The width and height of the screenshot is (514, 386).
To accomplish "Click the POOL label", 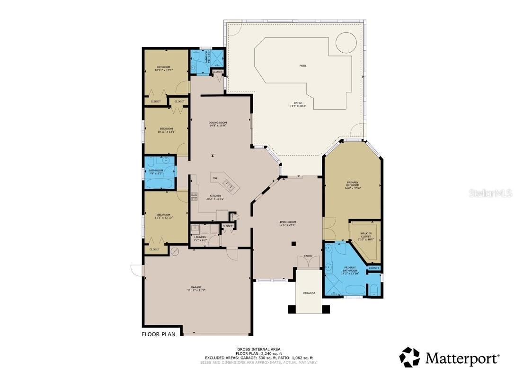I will click(x=302, y=65).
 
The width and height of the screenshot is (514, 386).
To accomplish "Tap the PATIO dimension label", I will click(x=295, y=104).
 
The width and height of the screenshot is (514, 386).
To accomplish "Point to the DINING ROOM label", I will click(x=217, y=124).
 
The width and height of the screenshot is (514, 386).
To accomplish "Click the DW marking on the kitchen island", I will click(x=214, y=178).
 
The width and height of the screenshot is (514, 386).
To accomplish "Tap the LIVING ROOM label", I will click(x=287, y=223).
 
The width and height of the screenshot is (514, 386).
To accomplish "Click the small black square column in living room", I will click(x=294, y=244).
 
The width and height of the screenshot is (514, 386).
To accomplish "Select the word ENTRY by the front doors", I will click(x=308, y=256).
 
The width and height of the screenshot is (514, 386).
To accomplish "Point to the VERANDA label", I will click(x=309, y=293).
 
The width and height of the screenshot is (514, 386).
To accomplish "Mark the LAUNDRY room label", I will click(x=200, y=239).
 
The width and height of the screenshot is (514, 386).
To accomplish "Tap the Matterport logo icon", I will click(x=409, y=357).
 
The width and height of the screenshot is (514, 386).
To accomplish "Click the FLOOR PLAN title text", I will click(x=158, y=334).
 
